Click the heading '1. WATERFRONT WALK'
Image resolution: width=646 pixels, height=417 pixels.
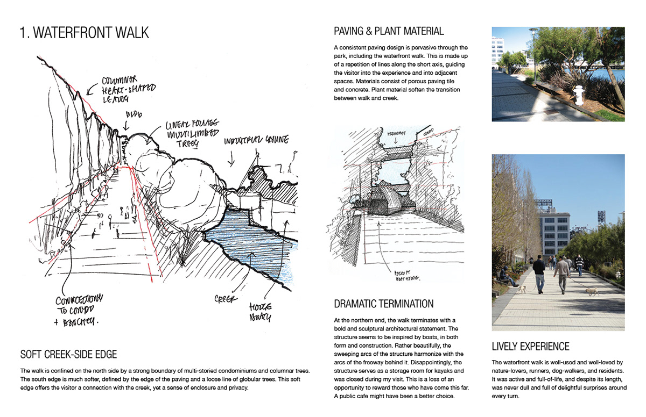[x=84, y=33]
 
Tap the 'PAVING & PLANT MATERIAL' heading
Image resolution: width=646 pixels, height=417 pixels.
[x=389, y=31]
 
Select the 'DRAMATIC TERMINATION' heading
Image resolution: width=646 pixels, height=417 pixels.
[x=383, y=304]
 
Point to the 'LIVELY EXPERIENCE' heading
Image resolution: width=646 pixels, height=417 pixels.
[x=531, y=346]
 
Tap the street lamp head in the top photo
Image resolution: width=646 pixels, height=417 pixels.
[x=533, y=31]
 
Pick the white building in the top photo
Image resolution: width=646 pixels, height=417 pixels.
[x=498, y=51]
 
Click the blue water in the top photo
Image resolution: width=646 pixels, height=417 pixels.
[x=614, y=74]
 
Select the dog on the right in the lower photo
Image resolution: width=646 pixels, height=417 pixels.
[x=592, y=292]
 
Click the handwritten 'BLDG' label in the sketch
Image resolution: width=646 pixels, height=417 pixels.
[x=132, y=115]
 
